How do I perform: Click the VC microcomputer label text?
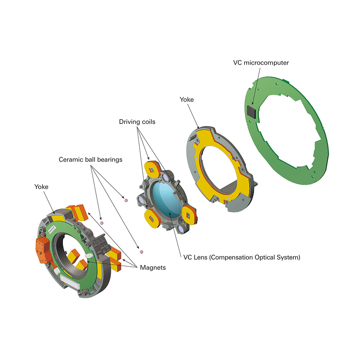click(261, 63)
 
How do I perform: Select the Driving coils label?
click(137, 122)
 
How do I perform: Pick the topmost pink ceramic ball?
click(126, 200)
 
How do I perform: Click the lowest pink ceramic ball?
click(141, 251)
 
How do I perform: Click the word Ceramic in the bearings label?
click(70, 159)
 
